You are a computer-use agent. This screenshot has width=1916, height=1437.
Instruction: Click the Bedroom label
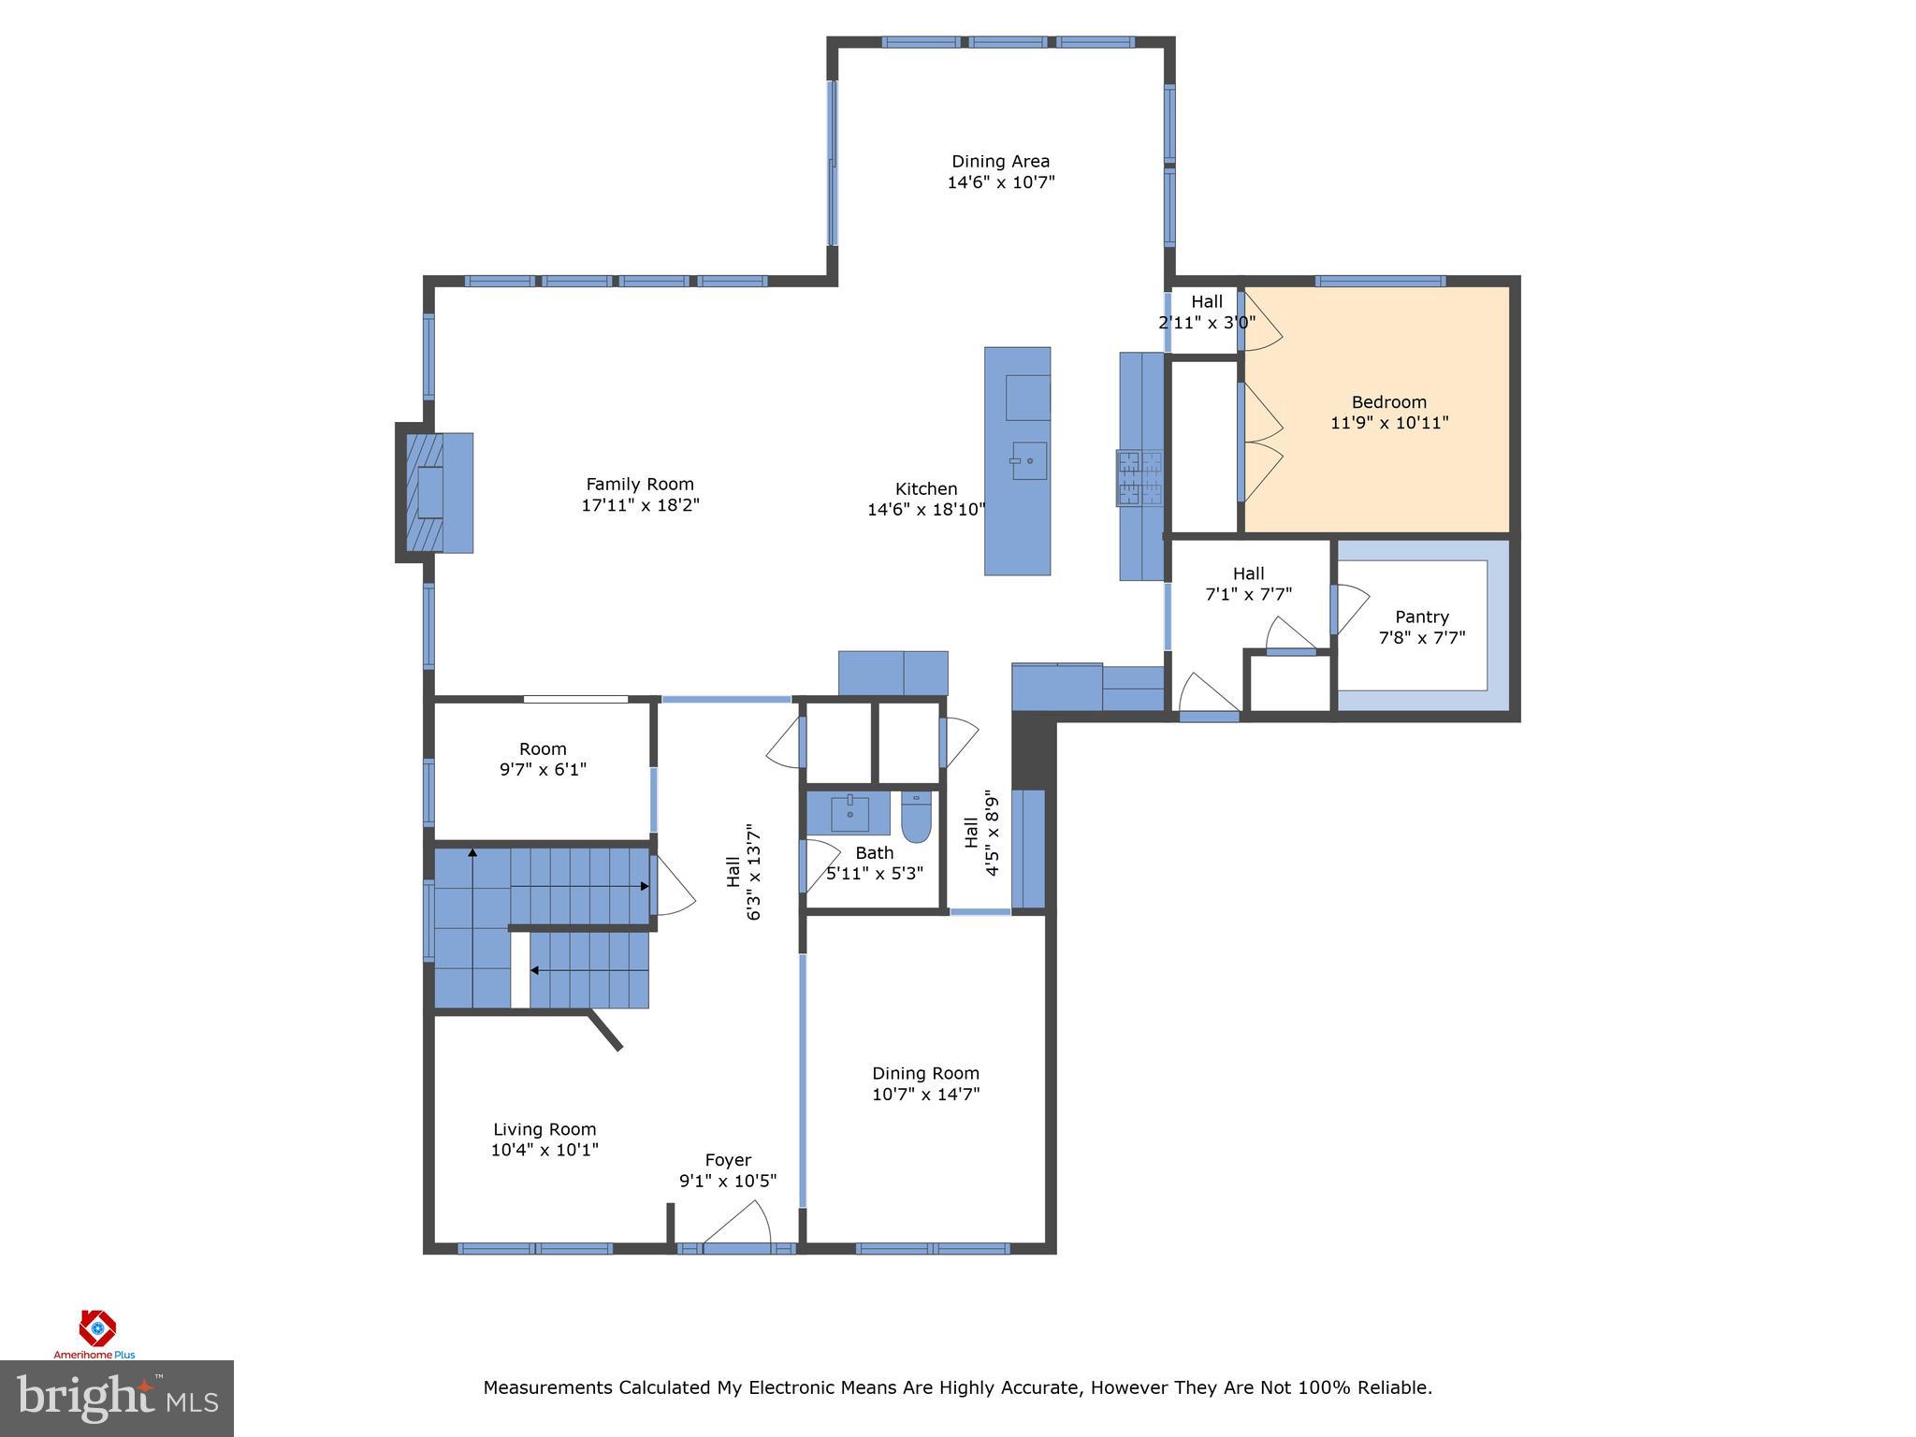[1388, 402]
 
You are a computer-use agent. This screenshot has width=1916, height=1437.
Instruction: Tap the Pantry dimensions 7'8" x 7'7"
[1421, 638]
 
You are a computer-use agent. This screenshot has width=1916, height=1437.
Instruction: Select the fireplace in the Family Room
[433, 492]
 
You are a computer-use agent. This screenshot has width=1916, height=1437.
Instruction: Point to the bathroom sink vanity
[849, 813]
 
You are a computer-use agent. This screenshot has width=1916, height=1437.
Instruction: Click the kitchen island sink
[1028, 460]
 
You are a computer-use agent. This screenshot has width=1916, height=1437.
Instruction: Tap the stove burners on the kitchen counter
[1139, 478]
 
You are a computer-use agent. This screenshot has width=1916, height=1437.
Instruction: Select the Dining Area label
[1000, 161]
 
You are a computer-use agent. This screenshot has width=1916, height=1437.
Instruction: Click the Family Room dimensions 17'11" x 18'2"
[640, 505]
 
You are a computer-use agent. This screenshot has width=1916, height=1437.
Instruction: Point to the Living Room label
[544, 1129]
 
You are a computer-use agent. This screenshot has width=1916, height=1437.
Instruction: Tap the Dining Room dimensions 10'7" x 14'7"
[925, 1094]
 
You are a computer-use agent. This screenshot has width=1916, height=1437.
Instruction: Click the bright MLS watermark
[117, 1399]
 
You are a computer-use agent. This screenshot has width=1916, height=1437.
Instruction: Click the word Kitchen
[925, 488]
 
